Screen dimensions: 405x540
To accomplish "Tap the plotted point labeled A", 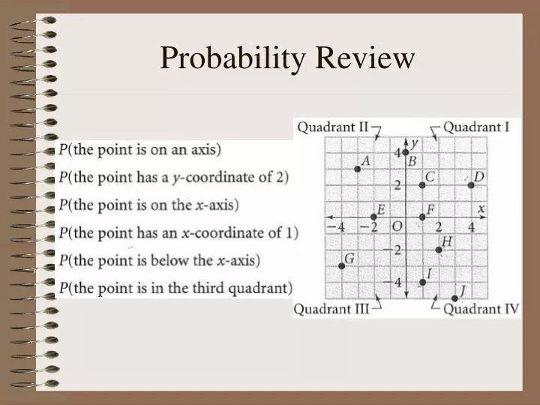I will (x=357, y=169).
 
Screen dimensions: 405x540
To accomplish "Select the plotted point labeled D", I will (x=471, y=184).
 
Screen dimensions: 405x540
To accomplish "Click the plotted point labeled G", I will (x=341, y=266).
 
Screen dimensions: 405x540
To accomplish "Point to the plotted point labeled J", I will (x=454, y=298).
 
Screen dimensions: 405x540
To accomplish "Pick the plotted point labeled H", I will (x=439, y=250).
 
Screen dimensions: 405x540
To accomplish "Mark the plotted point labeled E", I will (x=373, y=217).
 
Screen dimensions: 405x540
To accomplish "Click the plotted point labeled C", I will (x=422, y=184).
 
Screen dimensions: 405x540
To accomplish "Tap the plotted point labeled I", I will (x=422, y=282).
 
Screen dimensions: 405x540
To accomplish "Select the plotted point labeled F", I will (x=422, y=217).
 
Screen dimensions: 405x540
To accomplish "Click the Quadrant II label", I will (x=333, y=127).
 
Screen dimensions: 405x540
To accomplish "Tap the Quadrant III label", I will (x=331, y=309).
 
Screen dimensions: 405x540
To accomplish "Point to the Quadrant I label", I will (x=476, y=127).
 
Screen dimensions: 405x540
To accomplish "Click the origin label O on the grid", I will (x=397, y=226).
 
